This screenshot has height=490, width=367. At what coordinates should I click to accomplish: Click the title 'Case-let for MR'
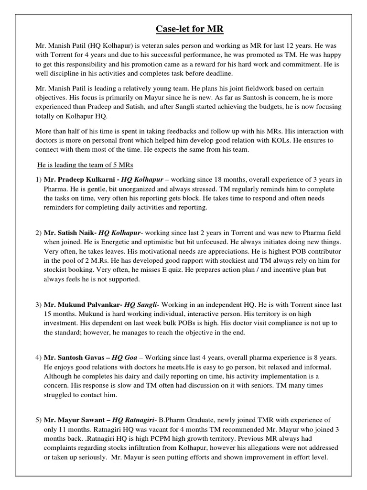pos(183,30)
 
